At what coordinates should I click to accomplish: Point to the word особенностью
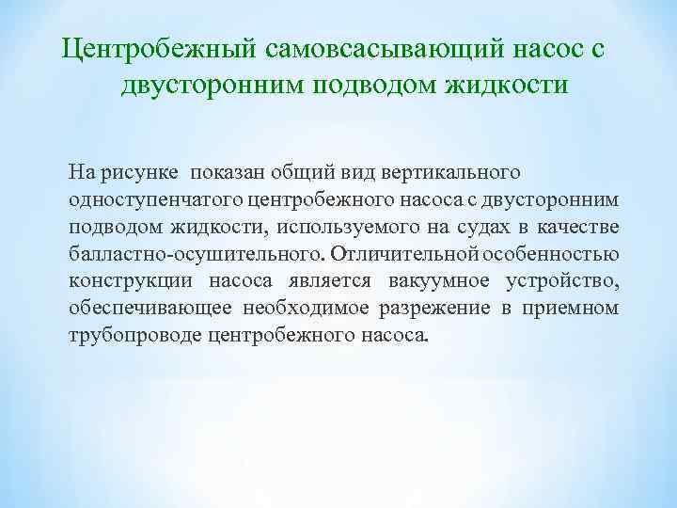click(x=553, y=255)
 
